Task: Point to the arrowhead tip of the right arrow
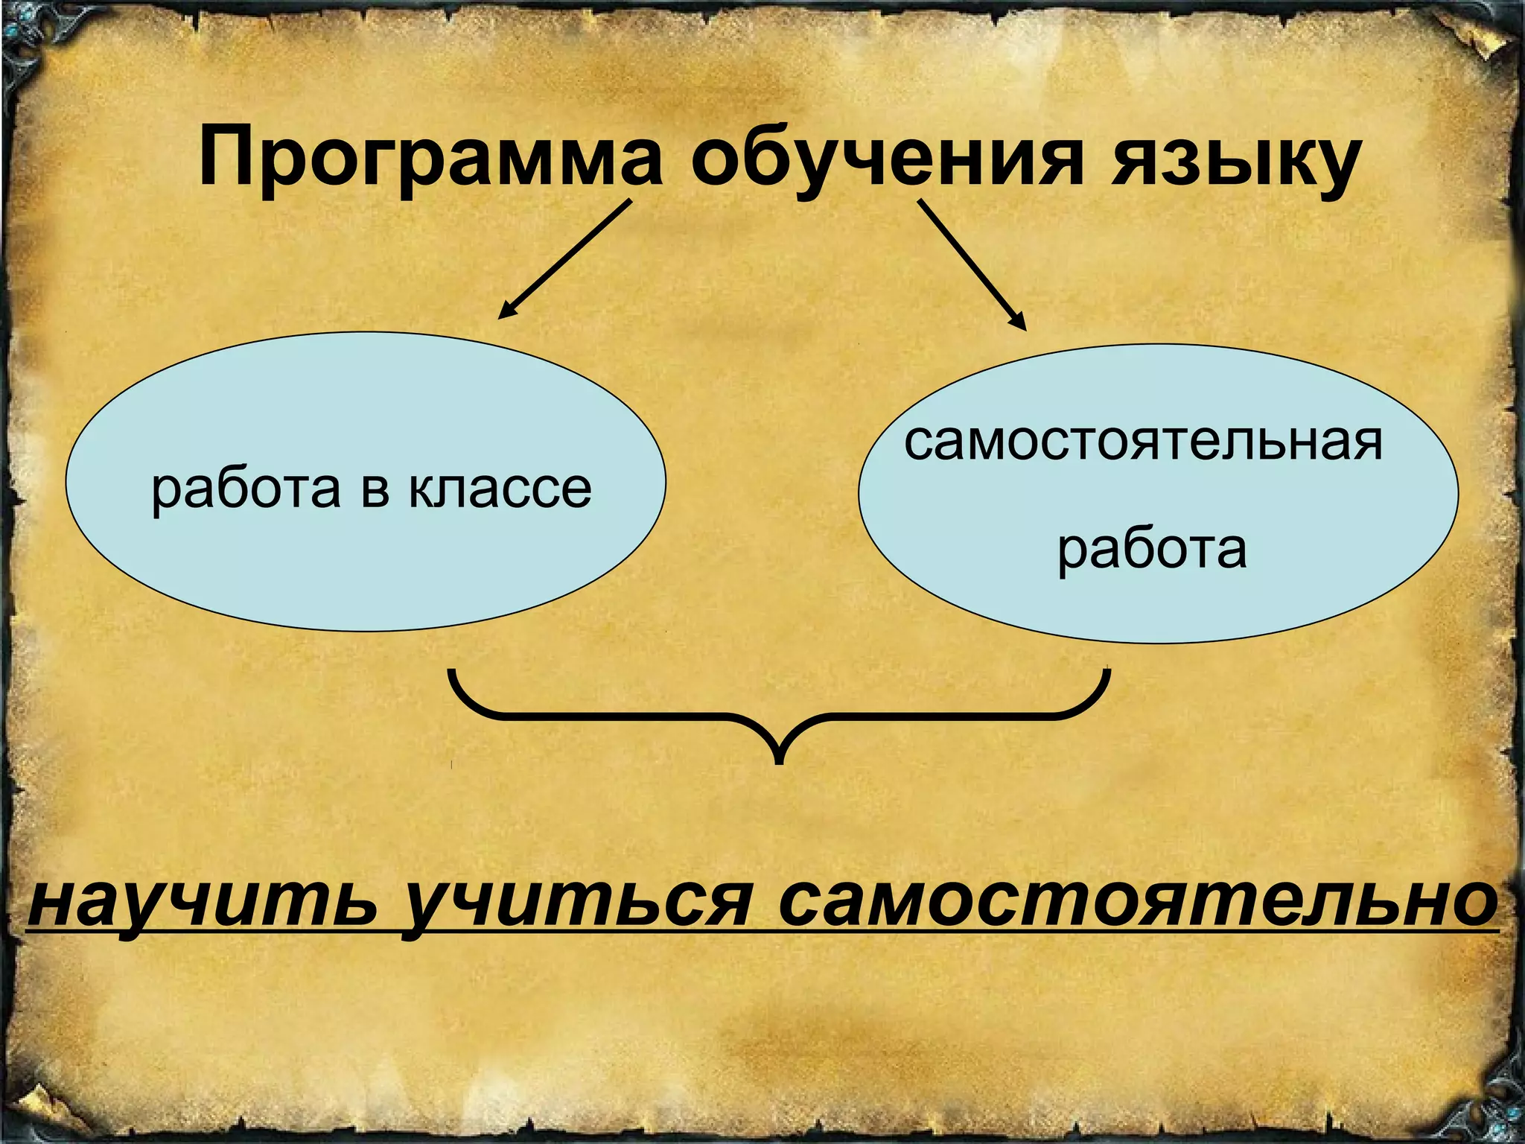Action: click(1025, 328)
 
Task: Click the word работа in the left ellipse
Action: click(246, 490)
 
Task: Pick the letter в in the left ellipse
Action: click(375, 490)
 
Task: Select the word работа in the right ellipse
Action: click(1151, 550)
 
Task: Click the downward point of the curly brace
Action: click(779, 760)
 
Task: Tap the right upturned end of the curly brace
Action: click(1107, 675)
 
